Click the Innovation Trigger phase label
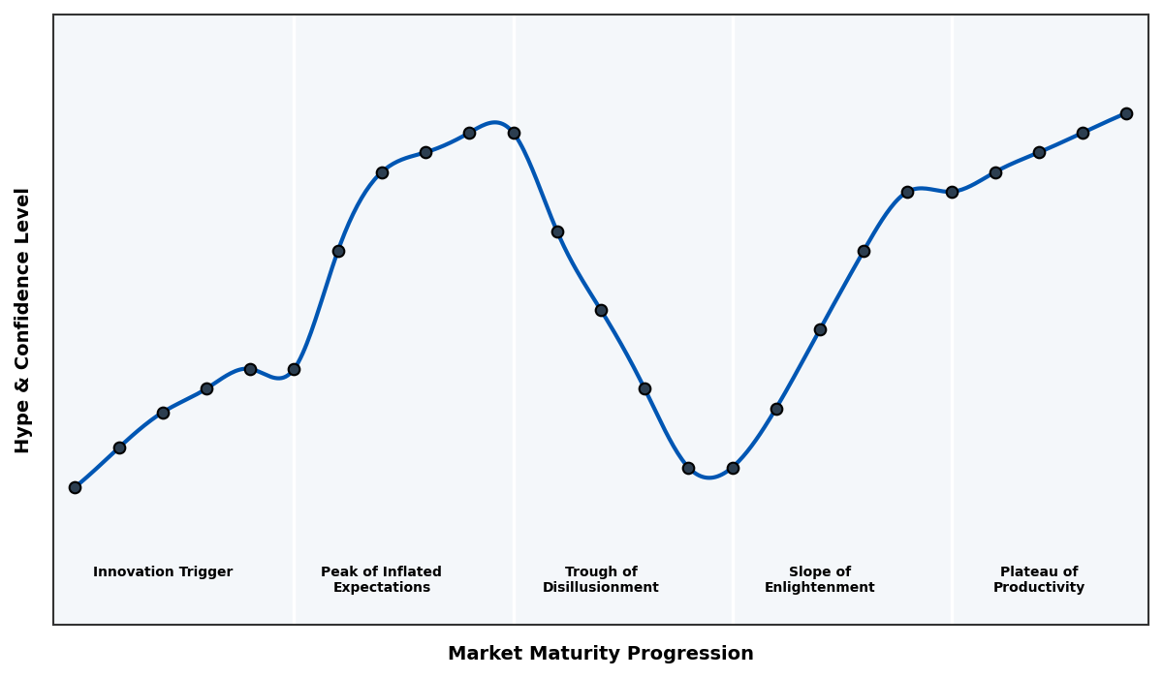(x=163, y=572)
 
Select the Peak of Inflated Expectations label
(x=381, y=579)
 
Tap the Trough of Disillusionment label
(x=601, y=579)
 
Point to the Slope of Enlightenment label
(x=820, y=579)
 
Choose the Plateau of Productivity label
(x=1039, y=579)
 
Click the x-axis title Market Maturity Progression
(x=600, y=654)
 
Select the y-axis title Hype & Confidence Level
(x=23, y=320)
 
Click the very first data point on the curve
(x=75, y=487)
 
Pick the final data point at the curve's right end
(x=1126, y=113)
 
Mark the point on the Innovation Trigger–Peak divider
(x=294, y=369)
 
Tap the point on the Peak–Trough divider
(x=514, y=133)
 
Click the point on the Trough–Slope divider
(x=733, y=468)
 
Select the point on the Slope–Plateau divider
(x=952, y=192)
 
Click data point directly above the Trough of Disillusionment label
(x=601, y=310)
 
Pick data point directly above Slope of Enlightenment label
(x=820, y=329)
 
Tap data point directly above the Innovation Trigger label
(x=163, y=413)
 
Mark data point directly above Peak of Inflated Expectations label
(x=382, y=172)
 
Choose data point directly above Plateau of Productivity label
(x=1039, y=152)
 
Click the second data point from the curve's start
(x=119, y=447)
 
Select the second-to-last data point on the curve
(x=1083, y=133)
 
